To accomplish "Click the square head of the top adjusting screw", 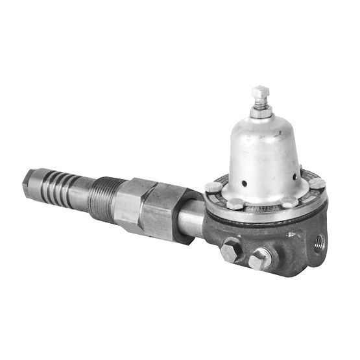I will [x=261, y=91].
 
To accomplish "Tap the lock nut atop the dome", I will [x=261, y=113].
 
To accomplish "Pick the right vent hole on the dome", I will [x=294, y=176].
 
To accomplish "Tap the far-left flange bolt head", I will [x=213, y=187].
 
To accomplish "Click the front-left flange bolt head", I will [x=234, y=204].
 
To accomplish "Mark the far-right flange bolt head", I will [x=317, y=184].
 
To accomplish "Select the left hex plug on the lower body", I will [x=231, y=250].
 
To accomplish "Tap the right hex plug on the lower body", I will [x=260, y=259].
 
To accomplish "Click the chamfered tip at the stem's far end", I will [x=29, y=180].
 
